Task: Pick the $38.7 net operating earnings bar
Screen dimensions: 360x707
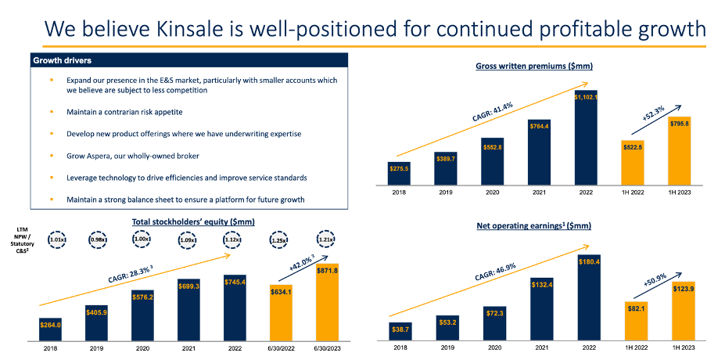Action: point(400,332)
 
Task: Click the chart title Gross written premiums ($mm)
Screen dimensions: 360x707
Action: point(533,66)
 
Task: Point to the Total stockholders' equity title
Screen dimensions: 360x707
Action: point(183,222)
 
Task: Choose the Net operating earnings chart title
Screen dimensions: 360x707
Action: point(533,226)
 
